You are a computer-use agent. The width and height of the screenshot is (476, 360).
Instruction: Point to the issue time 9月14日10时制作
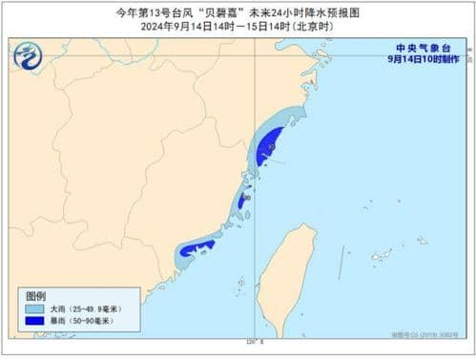tap(424, 59)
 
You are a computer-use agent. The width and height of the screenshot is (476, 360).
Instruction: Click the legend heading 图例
tap(35, 297)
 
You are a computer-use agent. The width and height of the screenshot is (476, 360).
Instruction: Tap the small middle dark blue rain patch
tap(242, 201)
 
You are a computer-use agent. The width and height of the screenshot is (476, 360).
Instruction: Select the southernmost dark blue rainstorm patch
tap(197, 249)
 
